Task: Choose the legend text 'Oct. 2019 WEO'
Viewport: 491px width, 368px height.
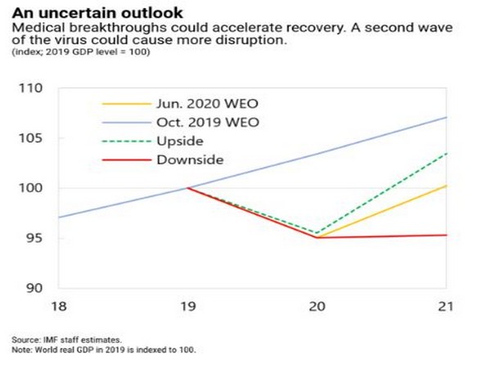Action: (201, 122)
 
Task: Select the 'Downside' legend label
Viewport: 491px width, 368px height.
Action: (189, 159)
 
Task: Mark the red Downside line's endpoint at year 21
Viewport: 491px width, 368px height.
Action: (446, 235)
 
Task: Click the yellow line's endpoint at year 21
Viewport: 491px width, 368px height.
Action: (446, 186)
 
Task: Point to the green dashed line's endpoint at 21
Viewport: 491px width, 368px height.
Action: (446, 153)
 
